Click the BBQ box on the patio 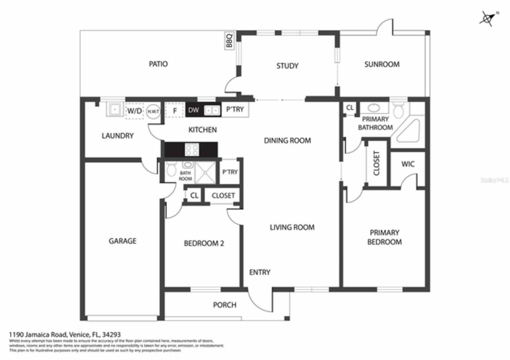229,41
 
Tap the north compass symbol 488,18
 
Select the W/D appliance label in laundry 134,111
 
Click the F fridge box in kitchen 174,110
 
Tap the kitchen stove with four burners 192,150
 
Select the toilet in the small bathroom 172,170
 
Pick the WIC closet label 408,164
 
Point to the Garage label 122,241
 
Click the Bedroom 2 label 204,243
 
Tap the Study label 287,66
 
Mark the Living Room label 292,227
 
